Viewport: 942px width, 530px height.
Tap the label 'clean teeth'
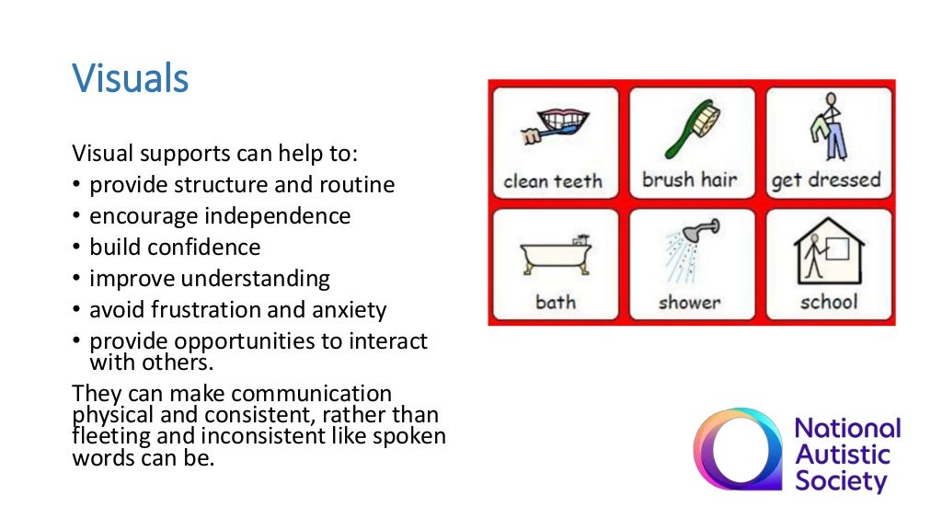tap(552, 180)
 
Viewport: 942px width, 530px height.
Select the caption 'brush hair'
tap(689, 179)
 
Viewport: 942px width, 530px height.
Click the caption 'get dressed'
tap(826, 179)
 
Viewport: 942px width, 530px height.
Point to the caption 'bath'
tap(555, 302)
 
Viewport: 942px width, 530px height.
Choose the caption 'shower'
tap(690, 302)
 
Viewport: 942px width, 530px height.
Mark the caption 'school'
tap(828, 301)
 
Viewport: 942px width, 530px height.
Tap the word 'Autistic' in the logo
tap(842, 455)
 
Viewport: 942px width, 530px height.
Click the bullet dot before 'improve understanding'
tap(77, 279)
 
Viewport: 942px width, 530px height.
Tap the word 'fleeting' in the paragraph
tap(106, 435)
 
